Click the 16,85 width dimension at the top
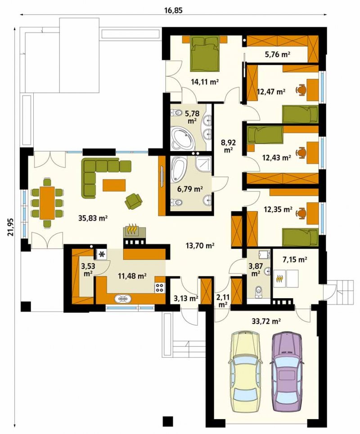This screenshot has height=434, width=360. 174,10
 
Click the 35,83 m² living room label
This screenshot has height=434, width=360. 93,218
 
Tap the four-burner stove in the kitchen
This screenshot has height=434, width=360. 159,287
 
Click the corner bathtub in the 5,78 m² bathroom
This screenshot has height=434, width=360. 181,139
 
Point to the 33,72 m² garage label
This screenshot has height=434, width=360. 266,321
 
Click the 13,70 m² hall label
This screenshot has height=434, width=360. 200,245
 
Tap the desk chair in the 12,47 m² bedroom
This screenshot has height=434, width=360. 301,90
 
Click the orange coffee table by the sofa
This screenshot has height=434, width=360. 114,185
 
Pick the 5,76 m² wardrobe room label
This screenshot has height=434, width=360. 277,54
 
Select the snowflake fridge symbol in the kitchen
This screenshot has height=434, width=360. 102,254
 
